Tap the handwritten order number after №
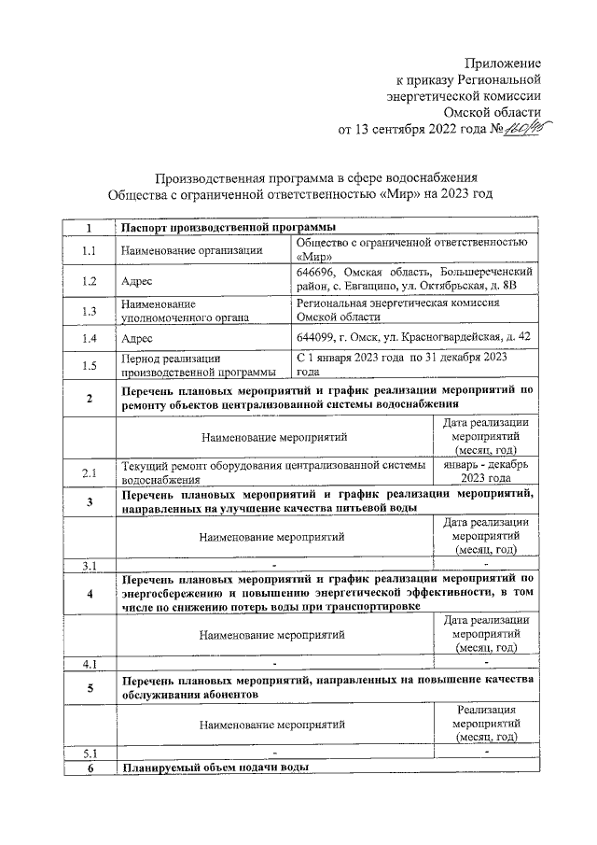point(519,129)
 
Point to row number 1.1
point(90,250)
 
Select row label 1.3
point(90,311)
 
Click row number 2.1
point(90,473)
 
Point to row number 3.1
point(90,565)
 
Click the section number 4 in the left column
point(90,593)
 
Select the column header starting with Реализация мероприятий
point(485,724)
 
